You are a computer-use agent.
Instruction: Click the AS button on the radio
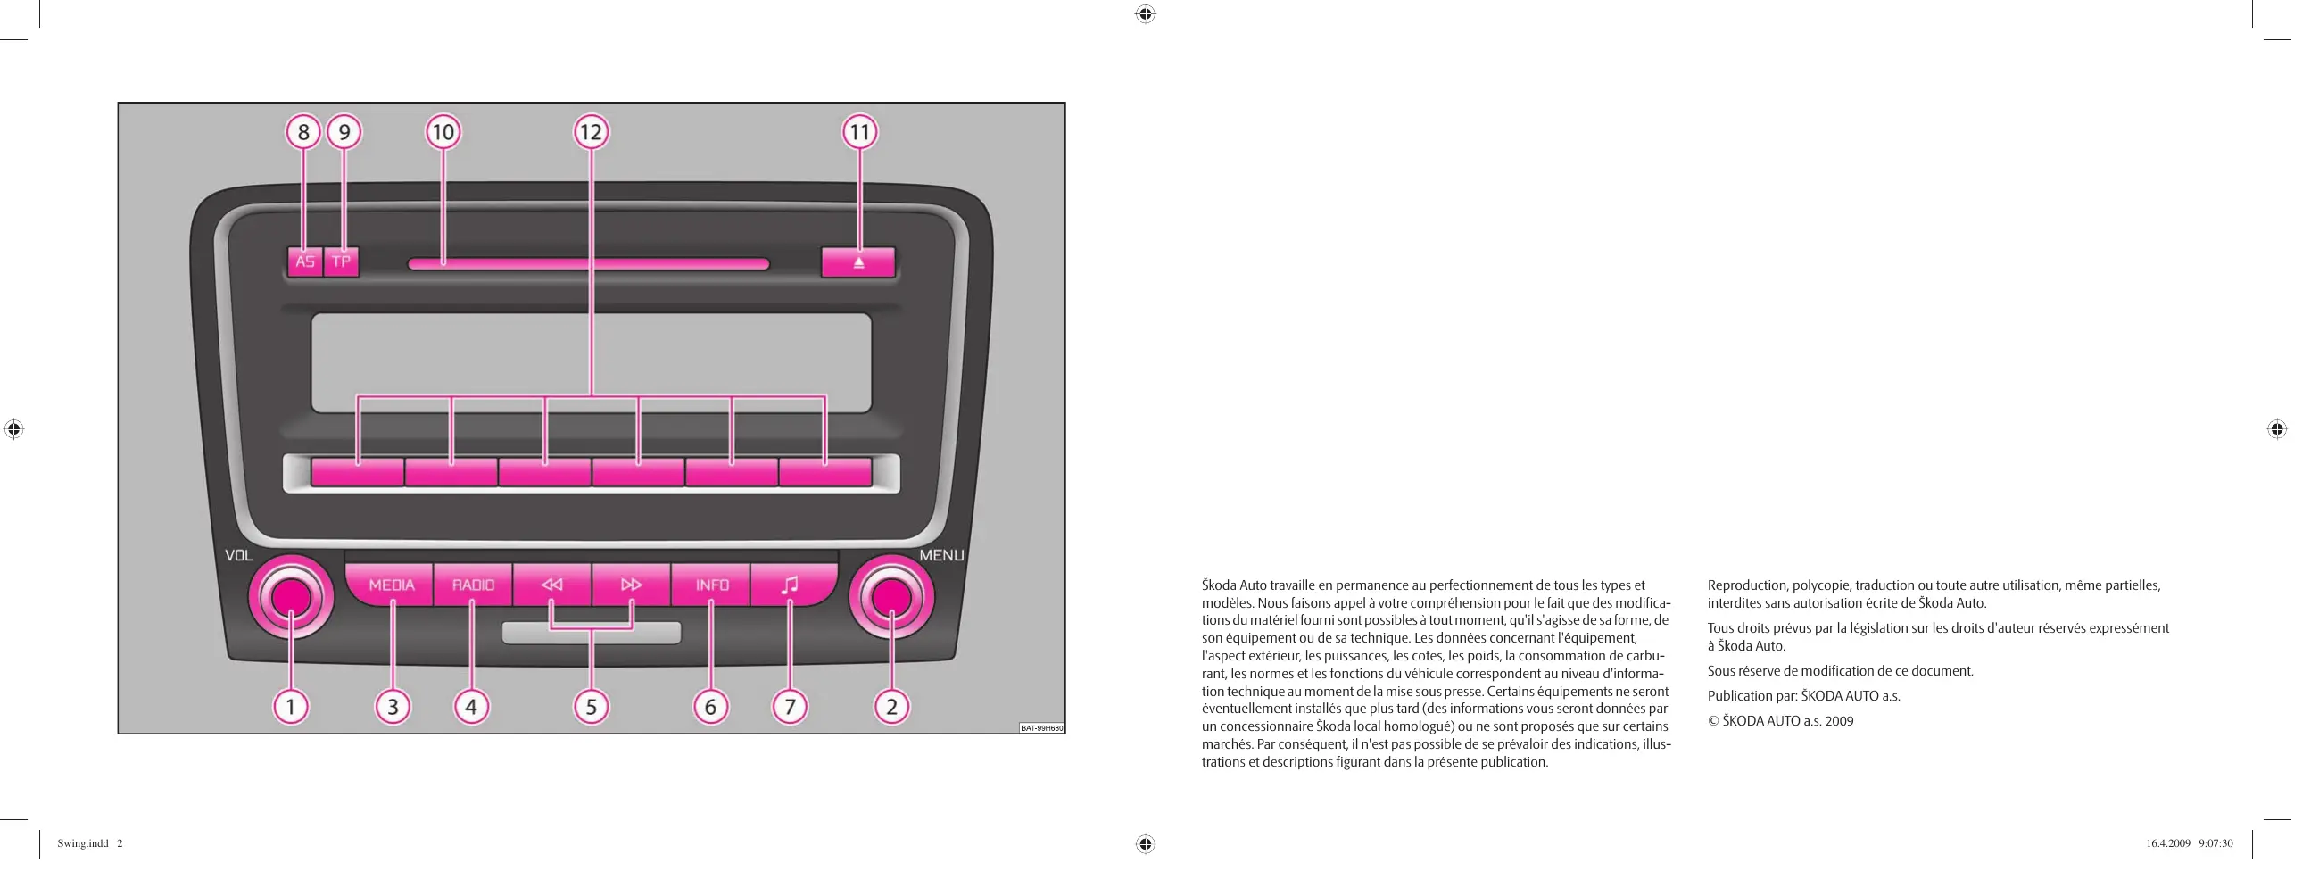pos(305,262)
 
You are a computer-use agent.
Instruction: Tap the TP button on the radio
pos(341,262)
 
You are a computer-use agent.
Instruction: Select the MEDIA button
pos(391,585)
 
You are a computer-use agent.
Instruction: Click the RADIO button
pos(473,585)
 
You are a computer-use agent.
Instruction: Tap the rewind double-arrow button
pos(551,585)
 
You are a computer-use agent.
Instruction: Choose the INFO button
pos(711,585)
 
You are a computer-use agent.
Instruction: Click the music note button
pos(791,585)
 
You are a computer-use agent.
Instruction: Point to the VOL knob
pos(291,597)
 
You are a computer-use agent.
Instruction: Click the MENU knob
pos(891,597)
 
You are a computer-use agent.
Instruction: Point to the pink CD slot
pos(589,264)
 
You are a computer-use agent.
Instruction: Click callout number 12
pos(591,132)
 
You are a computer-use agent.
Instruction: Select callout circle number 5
pos(591,707)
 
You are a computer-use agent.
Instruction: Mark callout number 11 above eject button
pos(860,132)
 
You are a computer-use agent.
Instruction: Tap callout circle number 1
pos(291,707)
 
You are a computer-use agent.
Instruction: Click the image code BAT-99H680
pos(1041,727)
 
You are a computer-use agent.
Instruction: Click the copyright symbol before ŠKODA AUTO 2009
pos(1713,721)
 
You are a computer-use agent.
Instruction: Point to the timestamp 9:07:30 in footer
pos(2215,843)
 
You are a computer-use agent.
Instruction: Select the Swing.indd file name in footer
pos(83,843)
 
